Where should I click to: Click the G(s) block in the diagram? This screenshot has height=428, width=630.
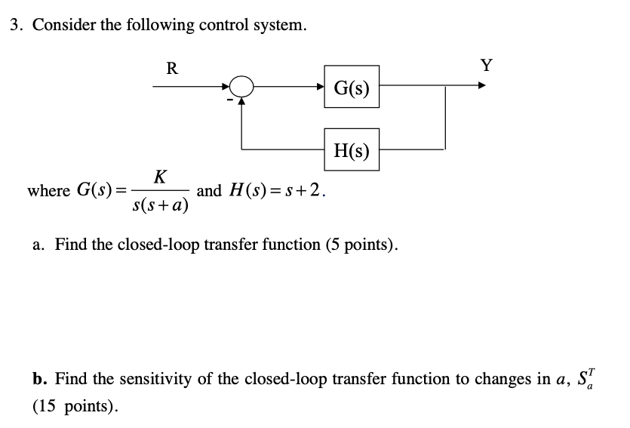[x=352, y=88]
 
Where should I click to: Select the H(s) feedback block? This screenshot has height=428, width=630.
[x=352, y=150]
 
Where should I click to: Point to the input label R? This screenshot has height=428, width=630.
[x=172, y=69]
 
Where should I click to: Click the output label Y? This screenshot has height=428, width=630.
[x=487, y=65]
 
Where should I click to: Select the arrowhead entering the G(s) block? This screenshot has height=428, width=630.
[x=320, y=88]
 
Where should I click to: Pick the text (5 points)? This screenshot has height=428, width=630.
[x=358, y=245]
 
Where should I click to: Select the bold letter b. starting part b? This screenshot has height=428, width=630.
[x=39, y=377]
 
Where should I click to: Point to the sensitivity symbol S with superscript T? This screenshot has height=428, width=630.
[x=588, y=376]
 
